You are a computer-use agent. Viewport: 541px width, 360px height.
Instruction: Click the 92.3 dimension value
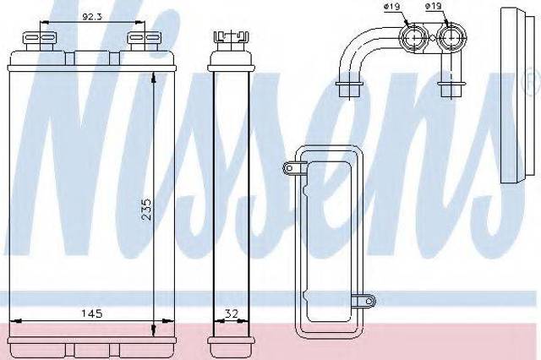(92, 16)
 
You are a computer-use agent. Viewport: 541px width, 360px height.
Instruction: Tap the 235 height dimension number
(146, 209)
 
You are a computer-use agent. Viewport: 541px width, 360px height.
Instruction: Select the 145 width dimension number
(91, 314)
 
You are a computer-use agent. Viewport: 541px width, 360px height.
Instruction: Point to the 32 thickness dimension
(232, 314)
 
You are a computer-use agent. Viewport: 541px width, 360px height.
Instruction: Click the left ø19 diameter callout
(392, 6)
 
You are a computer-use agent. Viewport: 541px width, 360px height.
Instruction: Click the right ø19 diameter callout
(433, 6)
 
